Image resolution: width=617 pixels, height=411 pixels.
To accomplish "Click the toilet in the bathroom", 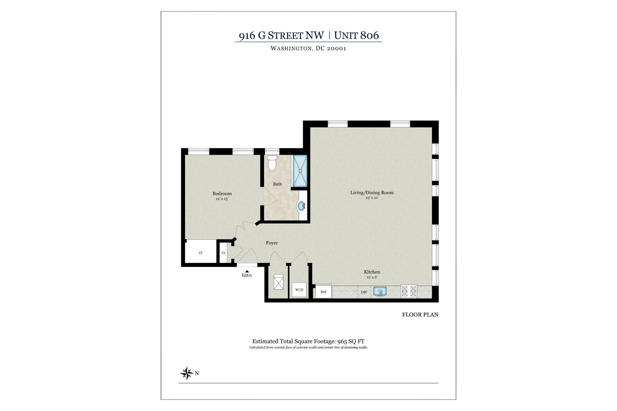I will [x=272, y=163].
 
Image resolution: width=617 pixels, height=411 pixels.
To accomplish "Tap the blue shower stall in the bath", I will [x=300, y=171].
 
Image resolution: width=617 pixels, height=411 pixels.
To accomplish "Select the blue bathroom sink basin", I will [x=301, y=206].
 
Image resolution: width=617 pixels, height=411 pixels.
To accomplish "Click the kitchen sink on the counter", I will [x=380, y=292].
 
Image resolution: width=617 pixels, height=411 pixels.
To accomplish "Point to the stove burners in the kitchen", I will [x=409, y=291].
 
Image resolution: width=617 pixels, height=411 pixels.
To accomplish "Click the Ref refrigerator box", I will [x=323, y=292].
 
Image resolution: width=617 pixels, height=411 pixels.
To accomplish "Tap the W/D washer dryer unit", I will [x=299, y=290].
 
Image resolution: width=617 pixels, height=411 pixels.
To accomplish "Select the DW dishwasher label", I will [x=364, y=292].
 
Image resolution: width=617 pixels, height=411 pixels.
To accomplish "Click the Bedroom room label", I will [x=222, y=194].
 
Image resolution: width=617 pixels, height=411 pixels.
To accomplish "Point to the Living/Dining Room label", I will [x=372, y=192].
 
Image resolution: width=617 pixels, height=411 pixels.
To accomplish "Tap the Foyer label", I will [x=272, y=243].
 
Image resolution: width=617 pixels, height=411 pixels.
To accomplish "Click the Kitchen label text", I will [x=372, y=272].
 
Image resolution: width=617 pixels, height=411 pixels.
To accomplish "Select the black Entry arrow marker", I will [x=247, y=271].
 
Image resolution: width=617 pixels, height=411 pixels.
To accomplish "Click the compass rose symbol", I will [x=187, y=373].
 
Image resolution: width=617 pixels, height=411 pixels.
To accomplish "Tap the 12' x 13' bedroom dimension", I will [x=222, y=199].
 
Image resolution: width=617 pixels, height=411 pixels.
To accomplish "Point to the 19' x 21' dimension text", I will [x=372, y=198].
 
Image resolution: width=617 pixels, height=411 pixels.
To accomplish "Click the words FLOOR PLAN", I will [x=420, y=314].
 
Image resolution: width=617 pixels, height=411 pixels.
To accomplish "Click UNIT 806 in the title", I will [x=356, y=35].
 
